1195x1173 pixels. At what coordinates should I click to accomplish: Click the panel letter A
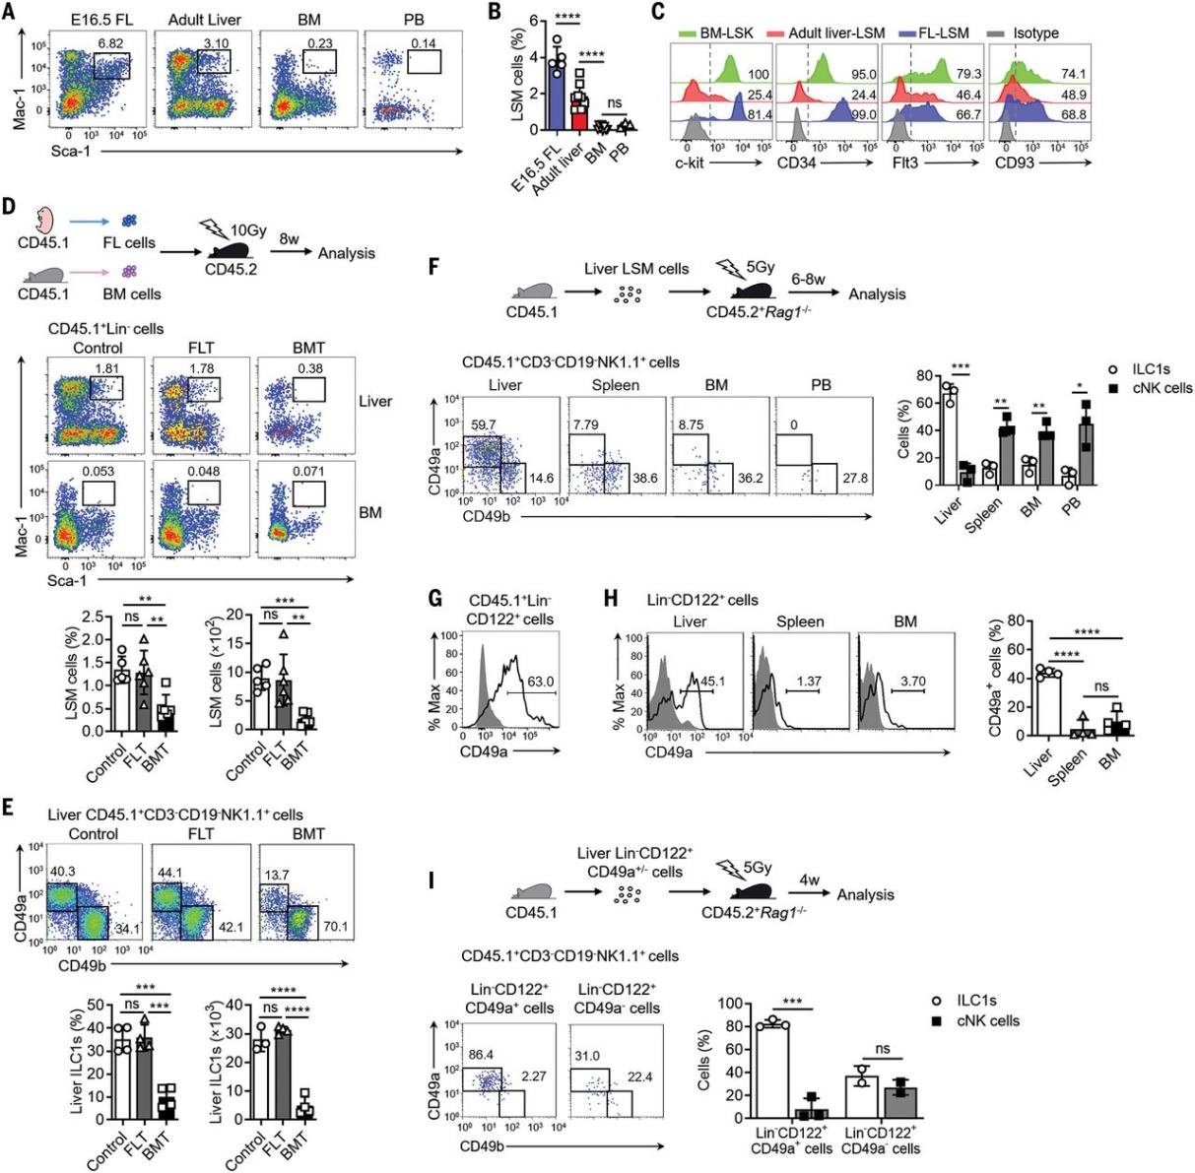coord(12,13)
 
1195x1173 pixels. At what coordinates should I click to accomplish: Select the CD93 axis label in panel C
coord(1016,163)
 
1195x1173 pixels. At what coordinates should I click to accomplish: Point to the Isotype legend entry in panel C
coord(1033,33)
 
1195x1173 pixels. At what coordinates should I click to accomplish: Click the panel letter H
coord(610,599)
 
